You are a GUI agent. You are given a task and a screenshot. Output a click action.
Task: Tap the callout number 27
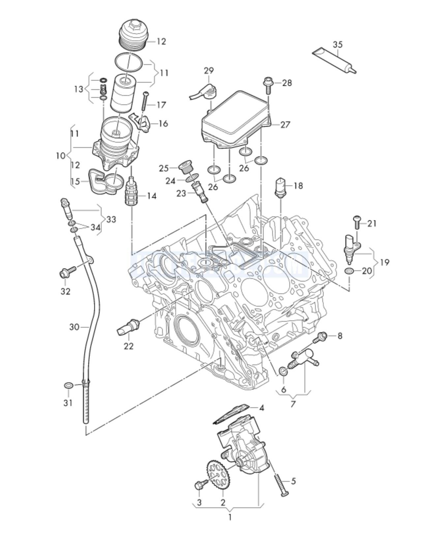click(x=285, y=124)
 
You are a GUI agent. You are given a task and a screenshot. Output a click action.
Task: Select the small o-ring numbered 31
click(x=68, y=385)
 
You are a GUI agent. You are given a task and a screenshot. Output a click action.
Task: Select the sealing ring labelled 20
click(x=350, y=271)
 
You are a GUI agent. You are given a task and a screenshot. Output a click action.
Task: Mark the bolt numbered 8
click(x=321, y=337)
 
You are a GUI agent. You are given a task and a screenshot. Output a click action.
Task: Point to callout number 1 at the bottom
click(x=230, y=517)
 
